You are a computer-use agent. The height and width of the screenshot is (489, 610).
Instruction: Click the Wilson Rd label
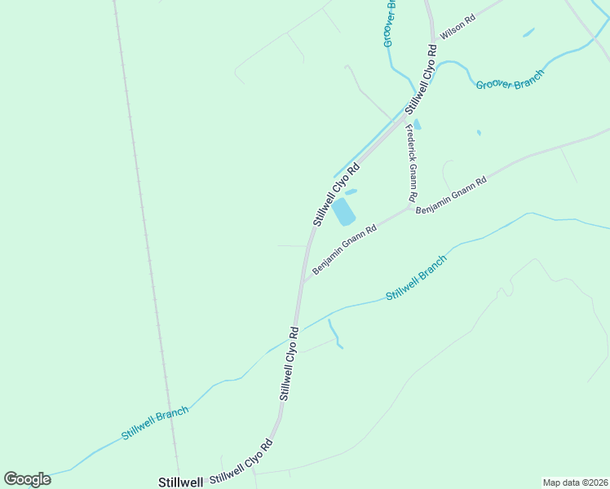(457, 29)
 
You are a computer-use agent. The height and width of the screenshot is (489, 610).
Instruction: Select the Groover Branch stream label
(510, 78)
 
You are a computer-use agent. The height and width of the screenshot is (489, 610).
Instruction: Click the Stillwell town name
(179, 482)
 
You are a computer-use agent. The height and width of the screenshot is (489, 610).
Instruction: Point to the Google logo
(27, 478)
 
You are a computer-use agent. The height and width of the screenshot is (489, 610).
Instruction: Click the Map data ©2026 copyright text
(575, 482)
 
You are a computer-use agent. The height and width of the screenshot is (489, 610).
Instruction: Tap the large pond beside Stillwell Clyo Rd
(343, 212)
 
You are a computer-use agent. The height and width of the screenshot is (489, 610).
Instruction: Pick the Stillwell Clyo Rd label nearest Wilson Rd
(422, 77)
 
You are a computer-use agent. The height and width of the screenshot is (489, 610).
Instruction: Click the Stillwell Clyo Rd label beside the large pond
(336, 194)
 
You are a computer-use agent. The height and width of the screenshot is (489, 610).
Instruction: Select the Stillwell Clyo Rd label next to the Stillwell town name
(241, 463)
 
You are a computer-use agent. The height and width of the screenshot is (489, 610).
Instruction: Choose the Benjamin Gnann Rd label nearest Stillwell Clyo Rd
(344, 250)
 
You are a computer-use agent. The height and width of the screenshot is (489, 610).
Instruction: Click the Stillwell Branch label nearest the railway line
(155, 423)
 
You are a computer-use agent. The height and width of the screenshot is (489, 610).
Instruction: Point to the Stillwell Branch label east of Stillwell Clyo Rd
(416, 278)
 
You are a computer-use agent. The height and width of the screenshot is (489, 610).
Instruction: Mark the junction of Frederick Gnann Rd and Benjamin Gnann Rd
(410, 205)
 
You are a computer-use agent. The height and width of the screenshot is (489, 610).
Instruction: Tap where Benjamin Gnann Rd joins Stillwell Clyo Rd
(303, 280)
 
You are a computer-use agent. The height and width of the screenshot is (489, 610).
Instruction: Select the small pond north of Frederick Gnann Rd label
(418, 125)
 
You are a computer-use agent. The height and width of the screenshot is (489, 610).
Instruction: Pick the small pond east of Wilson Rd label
(528, 33)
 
